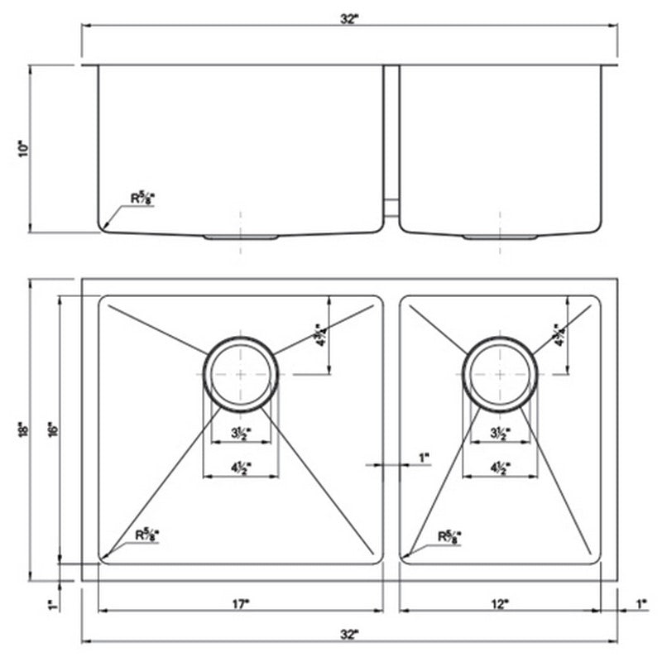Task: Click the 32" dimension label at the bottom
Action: point(348,634)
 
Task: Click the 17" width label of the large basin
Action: point(240,605)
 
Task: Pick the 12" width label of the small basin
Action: point(500,605)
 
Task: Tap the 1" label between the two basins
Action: point(425,457)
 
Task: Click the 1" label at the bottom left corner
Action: point(51,605)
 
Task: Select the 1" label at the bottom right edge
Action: point(641,605)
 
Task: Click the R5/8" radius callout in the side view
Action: point(143,198)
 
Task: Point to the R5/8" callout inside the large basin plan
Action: point(148,535)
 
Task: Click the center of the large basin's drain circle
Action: point(240,374)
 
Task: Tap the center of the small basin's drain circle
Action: point(501,374)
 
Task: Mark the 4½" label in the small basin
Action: point(501,466)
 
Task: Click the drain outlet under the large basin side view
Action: point(240,237)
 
